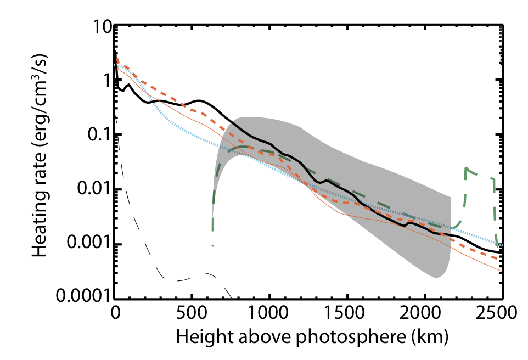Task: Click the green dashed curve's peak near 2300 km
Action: tap(466, 167)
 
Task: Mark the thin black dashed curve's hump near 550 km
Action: tap(203, 272)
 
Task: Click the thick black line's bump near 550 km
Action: tap(200, 100)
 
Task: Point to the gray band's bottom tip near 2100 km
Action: tap(437, 278)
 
